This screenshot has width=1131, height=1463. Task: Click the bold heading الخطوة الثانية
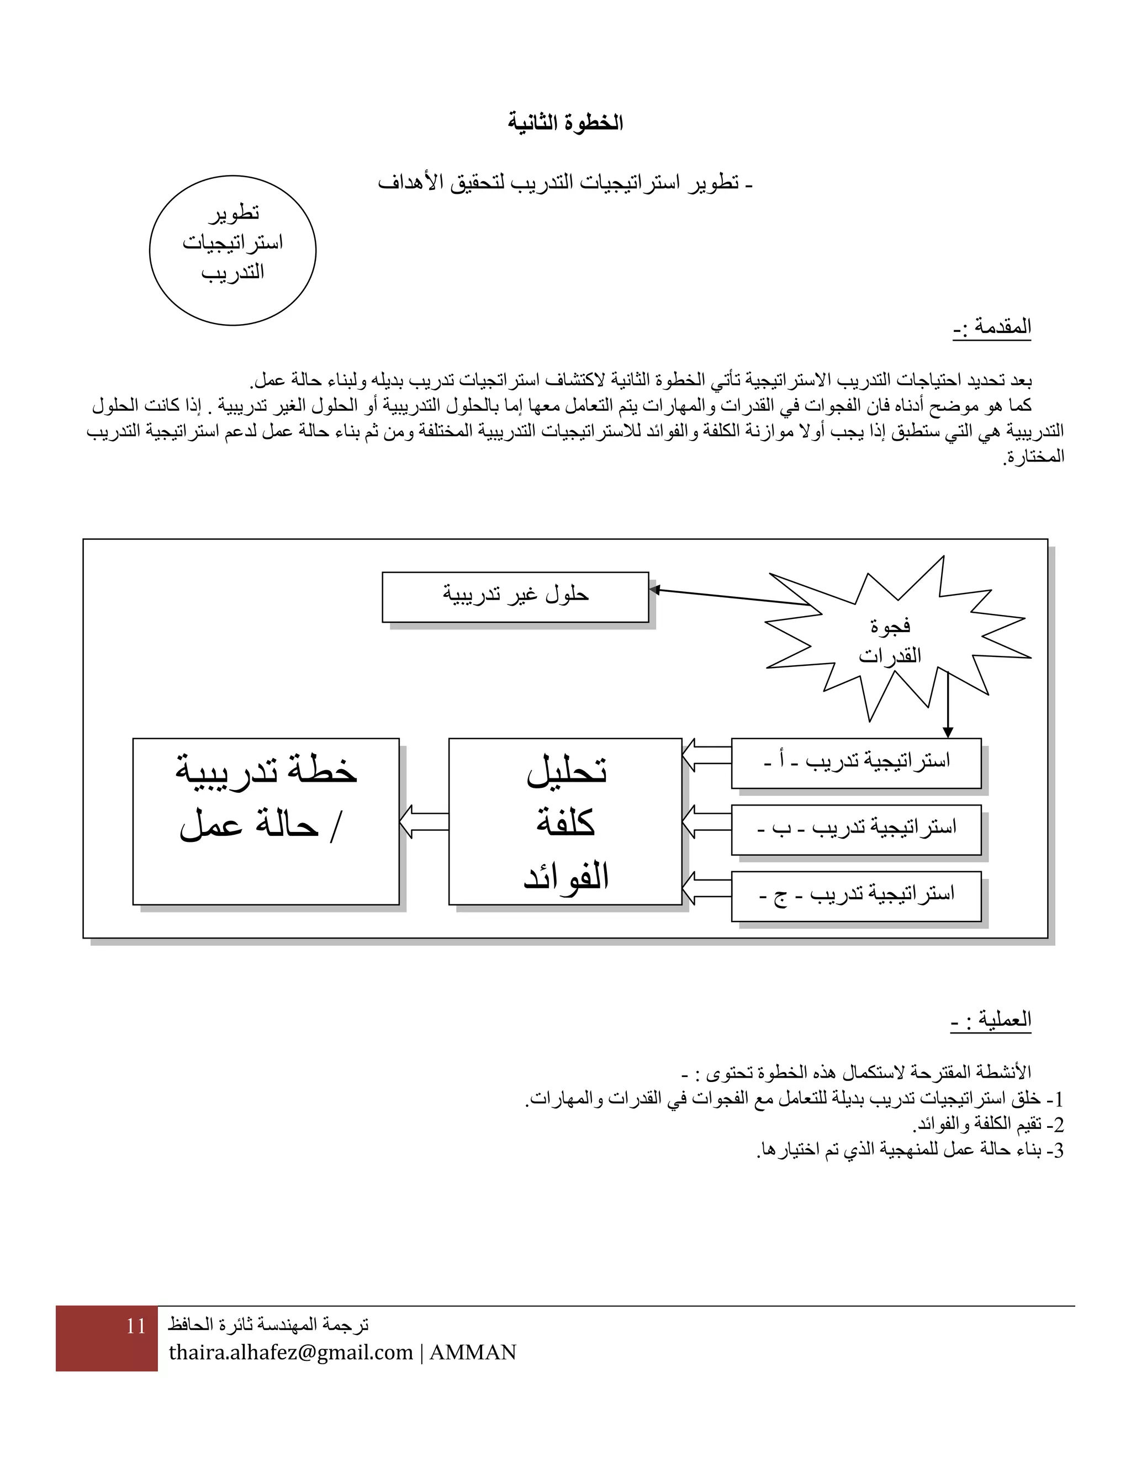[x=565, y=123]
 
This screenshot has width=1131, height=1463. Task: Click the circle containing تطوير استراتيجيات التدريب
[x=232, y=251]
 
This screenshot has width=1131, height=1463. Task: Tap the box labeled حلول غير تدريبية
[x=515, y=596]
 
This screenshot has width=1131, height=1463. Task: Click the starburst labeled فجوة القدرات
[x=891, y=640]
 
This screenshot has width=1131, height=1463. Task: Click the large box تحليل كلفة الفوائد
[x=565, y=821]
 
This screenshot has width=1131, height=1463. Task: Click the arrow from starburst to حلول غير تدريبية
[x=730, y=597]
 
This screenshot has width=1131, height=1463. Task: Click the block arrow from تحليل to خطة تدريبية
[x=424, y=821]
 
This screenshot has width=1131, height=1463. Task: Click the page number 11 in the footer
[x=135, y=1326]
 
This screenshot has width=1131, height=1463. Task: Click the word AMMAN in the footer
[x=473, y=1353]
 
